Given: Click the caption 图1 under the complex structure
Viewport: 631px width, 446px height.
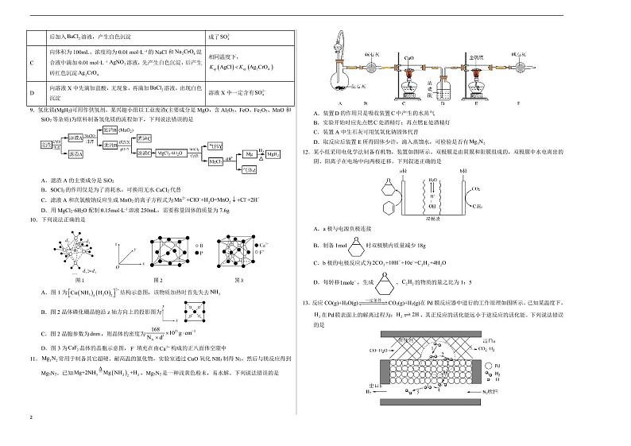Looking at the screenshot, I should click(x=79, y=280).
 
